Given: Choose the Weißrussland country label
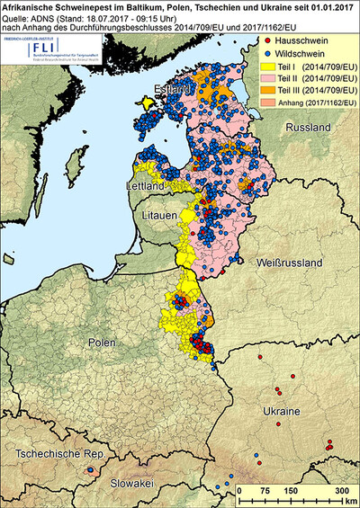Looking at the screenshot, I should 289,262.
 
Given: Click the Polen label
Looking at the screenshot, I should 103,343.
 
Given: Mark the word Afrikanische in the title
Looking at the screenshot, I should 31,5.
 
